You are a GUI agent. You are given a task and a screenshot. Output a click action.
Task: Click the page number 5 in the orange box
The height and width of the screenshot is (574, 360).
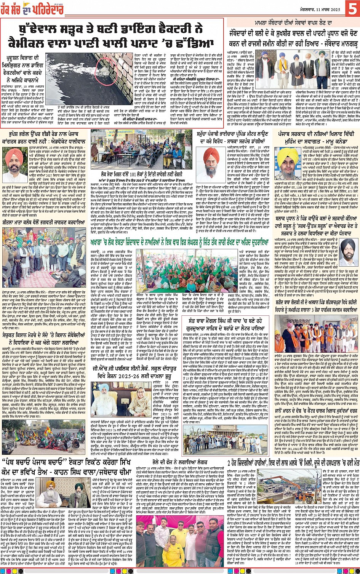[352, 8]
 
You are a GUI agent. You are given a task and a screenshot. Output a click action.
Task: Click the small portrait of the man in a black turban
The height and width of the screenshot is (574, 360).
[347, 249]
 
